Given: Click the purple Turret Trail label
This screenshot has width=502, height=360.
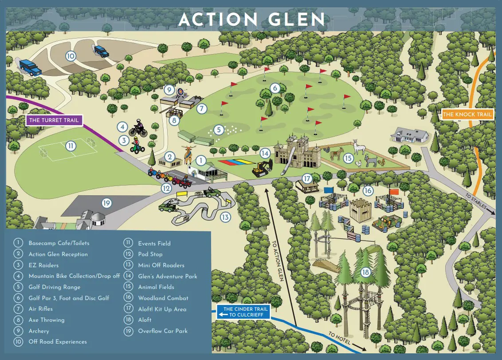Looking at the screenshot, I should point(54,120).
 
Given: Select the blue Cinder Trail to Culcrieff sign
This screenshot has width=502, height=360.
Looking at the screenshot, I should point(243,312).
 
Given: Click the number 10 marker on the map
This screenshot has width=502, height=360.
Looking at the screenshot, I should point(70,56).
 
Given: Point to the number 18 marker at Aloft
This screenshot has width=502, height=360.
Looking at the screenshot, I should point(365,272).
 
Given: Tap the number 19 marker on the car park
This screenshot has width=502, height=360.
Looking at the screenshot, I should point(106,203).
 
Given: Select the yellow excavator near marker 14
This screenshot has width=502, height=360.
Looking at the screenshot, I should point(262,168).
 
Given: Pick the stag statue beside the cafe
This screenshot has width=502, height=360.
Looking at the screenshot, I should point(188,154).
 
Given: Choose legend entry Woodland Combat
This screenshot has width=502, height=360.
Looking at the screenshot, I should point(163,298).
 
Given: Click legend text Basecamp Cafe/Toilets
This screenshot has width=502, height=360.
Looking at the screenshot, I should point(59,243).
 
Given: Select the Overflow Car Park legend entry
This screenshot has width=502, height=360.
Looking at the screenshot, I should point(162,331).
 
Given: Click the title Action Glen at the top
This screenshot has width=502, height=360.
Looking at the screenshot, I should point(251,20).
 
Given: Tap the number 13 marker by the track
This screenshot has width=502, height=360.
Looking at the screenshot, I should point(225,217).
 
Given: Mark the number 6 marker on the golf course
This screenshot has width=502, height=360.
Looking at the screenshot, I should point(275,88).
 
